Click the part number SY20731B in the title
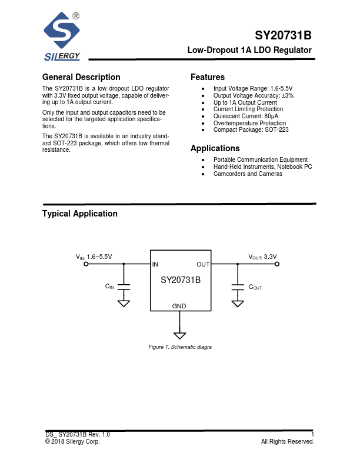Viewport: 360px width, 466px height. (x=283, y=35)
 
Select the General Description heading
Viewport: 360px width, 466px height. (x=81, y=77)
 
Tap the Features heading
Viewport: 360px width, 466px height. (x=208, y=77)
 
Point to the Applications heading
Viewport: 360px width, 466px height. (x=215, y=148)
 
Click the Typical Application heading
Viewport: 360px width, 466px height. (x=80, y=214)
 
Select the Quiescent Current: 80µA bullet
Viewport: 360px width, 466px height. (x=245, y=116)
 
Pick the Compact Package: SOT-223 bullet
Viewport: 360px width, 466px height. (x=251, y=129)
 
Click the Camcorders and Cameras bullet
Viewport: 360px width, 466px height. (x=248, y=174)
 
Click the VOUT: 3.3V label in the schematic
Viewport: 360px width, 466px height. (x=262, y=257)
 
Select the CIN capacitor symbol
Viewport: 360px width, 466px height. (x=124, y=287)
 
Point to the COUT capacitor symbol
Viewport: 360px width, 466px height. (x=238, y=287)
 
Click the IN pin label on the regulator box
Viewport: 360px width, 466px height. (x=155, y=265)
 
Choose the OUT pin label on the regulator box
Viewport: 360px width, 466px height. (x=202, y=265)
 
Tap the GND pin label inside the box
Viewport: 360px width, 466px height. (x=179, y=306)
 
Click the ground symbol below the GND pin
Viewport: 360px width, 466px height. (x=180, y=336)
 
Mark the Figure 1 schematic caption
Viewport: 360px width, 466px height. (x=180, y=347)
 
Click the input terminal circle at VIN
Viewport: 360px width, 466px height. (x=86, y=265)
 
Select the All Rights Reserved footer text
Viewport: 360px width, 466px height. (x=288, y=441)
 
